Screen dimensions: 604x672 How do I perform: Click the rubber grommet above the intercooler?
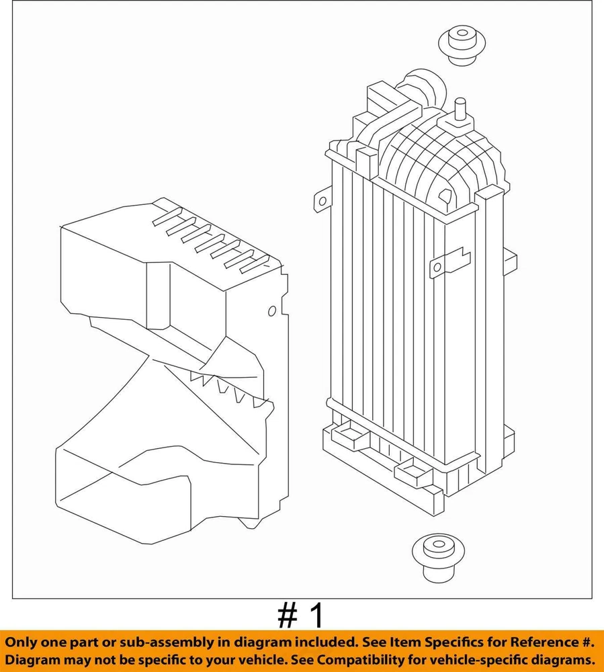[x=462, y=45]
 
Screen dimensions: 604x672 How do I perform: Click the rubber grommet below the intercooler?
[x=438, y=557]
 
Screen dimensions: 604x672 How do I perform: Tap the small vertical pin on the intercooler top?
[x=460, y=110]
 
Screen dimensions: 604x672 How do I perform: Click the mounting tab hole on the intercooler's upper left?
[x=322, y=200]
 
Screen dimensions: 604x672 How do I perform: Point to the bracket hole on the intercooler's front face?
[x=437, y=267]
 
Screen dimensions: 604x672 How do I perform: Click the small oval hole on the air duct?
[x=272, y=310]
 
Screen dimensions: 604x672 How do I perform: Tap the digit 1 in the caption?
[x=316, y=616]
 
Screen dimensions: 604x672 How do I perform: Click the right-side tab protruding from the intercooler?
[x=510, y=261]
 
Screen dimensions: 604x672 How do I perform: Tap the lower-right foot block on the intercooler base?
[x=413, y=472]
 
